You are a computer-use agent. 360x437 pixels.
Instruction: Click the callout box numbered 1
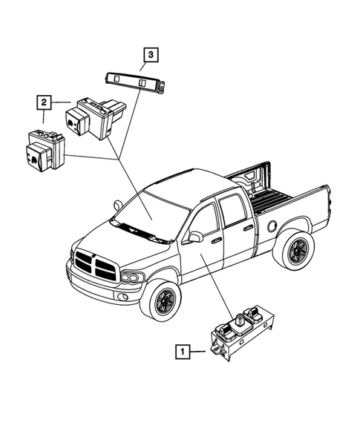pos(180,348)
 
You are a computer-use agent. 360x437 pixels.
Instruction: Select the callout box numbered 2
pos(45,99)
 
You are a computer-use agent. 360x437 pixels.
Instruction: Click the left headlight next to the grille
pos(131,278)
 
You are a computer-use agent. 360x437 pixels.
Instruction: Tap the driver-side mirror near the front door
pos(196,237)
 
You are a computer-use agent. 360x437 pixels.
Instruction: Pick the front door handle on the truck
pos(215,240)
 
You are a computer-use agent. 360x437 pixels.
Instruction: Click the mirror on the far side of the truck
pos(118,203)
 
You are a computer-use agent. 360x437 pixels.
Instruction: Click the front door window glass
pos(205,220)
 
